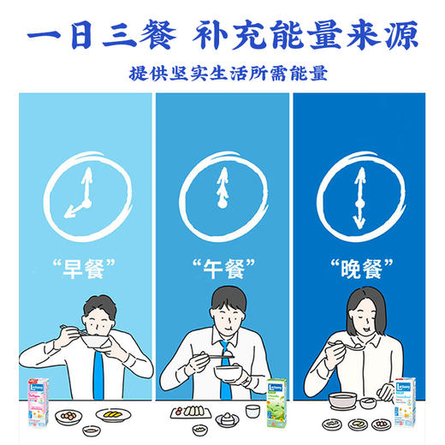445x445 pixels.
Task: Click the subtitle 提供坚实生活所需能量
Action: click(x=222, y=74)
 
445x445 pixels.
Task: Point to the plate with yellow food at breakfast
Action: click(x=114, y=414)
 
